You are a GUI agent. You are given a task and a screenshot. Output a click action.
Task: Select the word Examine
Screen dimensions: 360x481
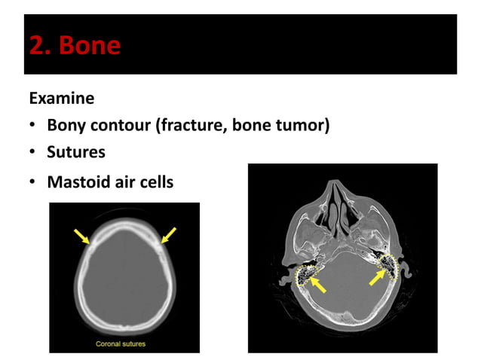[x=61, y=99]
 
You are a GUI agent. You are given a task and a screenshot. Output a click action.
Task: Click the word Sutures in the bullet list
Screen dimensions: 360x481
[x=76, y=152]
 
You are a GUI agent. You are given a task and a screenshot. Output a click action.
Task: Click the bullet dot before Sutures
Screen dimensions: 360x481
[x=33, y=153]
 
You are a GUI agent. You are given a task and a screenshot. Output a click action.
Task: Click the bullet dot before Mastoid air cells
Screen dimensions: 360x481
[x=33, y=182]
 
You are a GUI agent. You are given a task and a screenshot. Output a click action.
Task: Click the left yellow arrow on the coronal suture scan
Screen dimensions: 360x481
[x=81, y=236]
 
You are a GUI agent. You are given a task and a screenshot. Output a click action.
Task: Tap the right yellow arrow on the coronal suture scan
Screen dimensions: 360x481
[x=169, y=235]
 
